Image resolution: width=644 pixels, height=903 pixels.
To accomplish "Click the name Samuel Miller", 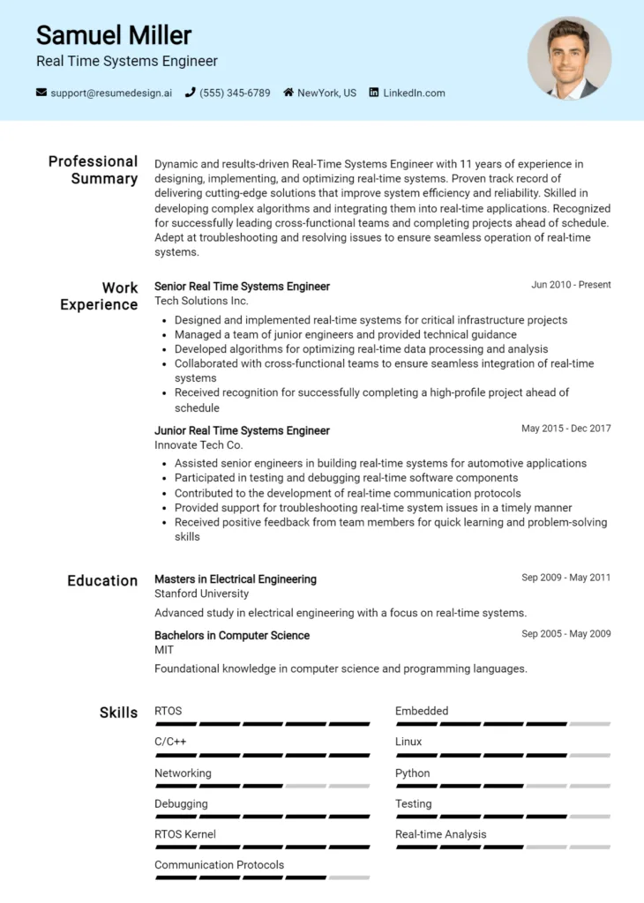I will [113, 35].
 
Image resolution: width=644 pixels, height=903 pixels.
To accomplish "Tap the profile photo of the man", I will [569, 58].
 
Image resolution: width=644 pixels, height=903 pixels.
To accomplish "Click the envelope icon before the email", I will [41, 93].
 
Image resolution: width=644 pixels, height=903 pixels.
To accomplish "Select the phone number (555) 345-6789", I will [235, 93].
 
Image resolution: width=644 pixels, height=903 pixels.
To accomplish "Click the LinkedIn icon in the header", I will [374, 93].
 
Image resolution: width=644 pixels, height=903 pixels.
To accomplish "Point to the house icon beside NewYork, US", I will [288, 93].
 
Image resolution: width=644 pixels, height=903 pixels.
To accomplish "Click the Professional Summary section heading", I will [94, 170].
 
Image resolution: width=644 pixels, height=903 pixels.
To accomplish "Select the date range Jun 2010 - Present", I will [571, 285].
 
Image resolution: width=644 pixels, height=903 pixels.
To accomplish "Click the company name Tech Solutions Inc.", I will [201, 301].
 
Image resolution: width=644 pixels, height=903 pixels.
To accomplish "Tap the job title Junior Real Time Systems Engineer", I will [242, 430].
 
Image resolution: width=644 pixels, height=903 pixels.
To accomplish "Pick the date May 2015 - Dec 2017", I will [565, 429].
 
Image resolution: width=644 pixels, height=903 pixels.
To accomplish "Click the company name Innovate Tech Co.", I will [198, 445].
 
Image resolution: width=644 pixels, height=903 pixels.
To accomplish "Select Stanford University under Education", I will [201, 593].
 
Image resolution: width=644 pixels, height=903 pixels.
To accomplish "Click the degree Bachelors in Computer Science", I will [232, 635].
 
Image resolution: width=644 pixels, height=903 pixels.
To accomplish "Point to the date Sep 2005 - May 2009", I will [565, 633].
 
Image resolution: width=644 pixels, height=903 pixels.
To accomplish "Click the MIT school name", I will [164, 650].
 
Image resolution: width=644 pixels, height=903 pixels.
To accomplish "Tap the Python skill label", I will [412, 773].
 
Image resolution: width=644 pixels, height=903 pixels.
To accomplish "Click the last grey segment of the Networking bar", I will [348, 786].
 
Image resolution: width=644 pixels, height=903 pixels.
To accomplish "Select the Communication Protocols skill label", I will [219, 865].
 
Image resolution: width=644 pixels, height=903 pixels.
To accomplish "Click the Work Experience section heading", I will [99, 296].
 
